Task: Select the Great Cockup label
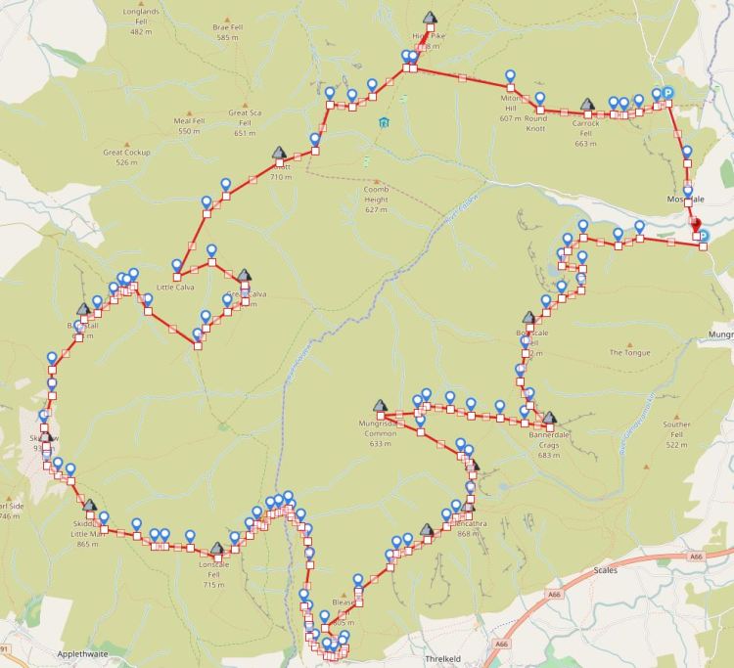pos(126,156)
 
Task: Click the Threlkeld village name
pos(441,659)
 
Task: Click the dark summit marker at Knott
pos(279,154)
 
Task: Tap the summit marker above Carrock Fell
pos(587,105)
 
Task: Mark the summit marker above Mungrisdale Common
pos(380,405)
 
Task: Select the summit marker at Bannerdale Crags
pos(549,418)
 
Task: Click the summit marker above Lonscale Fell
pos(216,549)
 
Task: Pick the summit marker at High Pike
pos(431,18)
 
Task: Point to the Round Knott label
pos(536,123)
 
